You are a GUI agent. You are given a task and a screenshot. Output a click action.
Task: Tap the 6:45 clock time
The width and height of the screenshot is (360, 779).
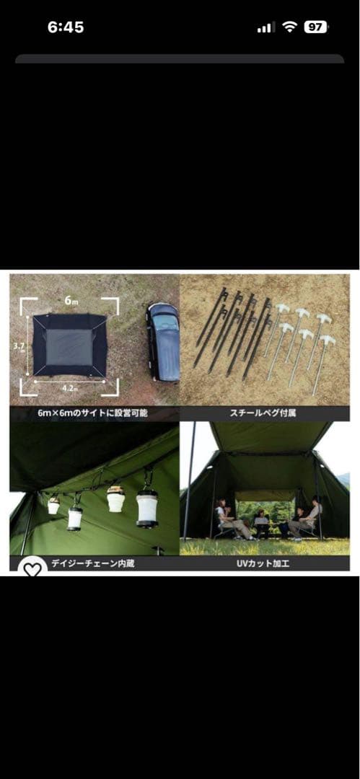(66, 27)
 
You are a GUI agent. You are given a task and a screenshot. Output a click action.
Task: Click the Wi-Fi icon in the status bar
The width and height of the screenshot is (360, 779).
(290, 27)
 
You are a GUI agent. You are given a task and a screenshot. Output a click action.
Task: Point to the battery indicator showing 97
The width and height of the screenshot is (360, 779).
(315, 27)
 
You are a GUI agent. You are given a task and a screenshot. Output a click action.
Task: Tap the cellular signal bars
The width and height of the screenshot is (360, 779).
(266, 27)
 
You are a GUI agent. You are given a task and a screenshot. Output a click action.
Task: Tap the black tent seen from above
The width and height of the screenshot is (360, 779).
(70, 344)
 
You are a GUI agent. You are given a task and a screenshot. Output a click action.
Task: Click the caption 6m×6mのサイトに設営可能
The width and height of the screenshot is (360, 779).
(94, 414)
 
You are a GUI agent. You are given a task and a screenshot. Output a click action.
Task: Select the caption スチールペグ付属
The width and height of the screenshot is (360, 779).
(265, 414)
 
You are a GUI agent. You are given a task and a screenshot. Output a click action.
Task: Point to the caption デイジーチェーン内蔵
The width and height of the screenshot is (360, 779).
(94, 564)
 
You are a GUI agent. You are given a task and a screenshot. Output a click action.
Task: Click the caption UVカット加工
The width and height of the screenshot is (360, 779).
(265, 564)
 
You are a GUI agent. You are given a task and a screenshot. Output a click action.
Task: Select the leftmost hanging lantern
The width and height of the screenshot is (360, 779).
(53, 505)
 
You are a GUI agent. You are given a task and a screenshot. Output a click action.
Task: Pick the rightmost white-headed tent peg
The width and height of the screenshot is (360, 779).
(321, 361)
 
